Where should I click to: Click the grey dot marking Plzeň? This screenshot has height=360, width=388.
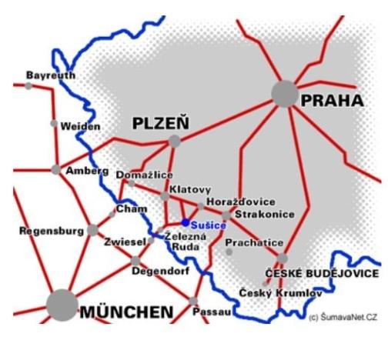(x=175, y=141)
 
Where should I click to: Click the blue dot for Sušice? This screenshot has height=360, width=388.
(x=186, y=222)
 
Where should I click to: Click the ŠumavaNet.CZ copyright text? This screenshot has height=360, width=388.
(x=343, y=317)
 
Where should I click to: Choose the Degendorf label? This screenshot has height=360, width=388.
(x=159, y=271)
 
